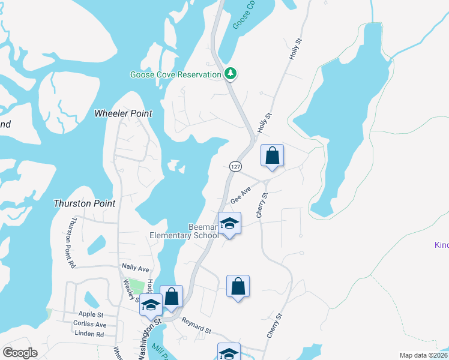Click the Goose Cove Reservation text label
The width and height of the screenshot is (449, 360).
tap(176, 74)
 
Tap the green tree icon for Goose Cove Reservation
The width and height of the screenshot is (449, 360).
tap(230, 74)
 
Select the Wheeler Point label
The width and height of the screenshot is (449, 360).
tap(124, 113)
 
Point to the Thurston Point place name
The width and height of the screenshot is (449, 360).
tap(85, 203)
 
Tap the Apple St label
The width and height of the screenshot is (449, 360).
tap(91, 314)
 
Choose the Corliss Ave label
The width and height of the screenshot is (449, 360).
tap(89, 324)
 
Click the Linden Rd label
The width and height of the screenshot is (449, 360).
tap(89, 334)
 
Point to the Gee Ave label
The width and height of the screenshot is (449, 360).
tap(240, 195)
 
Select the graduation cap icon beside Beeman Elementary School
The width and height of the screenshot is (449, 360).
tap(229, 224)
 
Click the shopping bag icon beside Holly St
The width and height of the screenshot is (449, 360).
tap(272, 155)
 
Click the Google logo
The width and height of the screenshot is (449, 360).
tap(20, 353)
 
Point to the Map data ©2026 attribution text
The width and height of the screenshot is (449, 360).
tap(423, 355)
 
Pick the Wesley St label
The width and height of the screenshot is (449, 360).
tap(131, 290)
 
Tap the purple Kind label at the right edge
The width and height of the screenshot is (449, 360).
tap(441, 245)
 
